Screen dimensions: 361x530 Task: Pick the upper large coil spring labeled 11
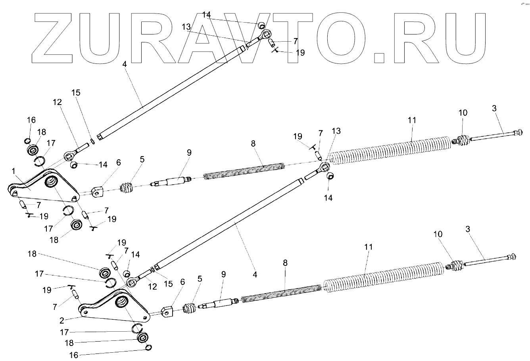(391, 151)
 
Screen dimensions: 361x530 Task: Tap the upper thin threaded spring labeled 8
(244, 171)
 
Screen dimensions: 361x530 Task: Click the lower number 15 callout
(169, 284)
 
